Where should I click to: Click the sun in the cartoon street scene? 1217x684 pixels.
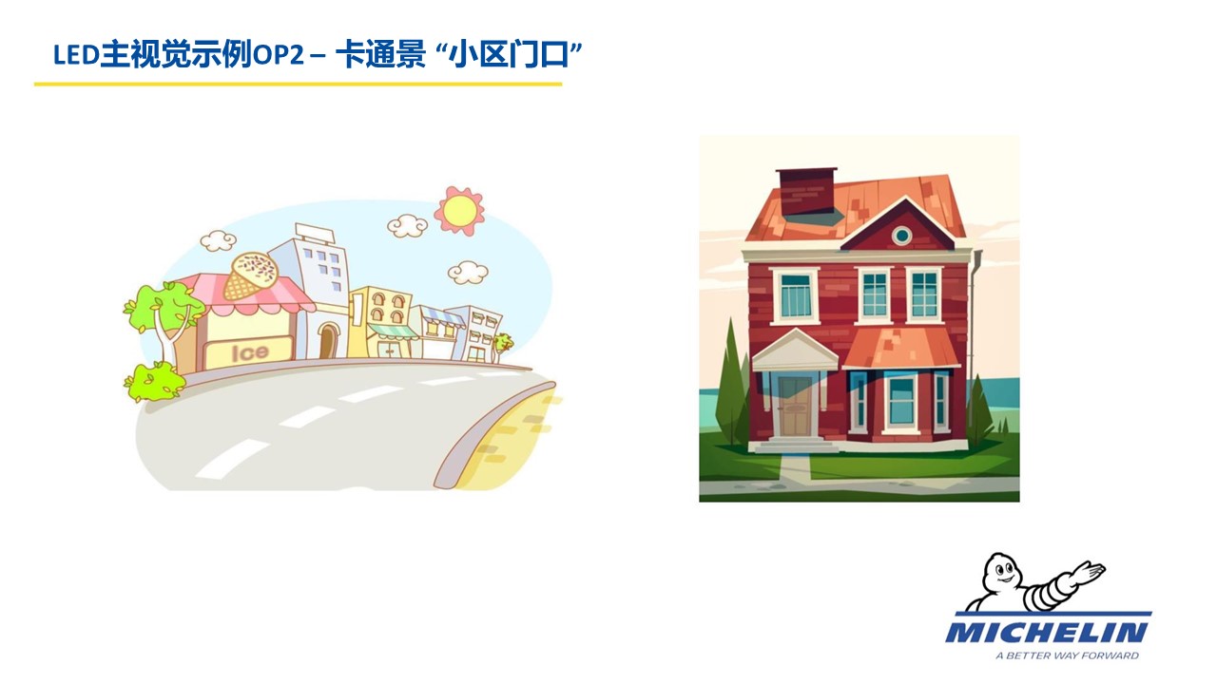tap(459, 211)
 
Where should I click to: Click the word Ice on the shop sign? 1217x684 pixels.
tap(250, 352)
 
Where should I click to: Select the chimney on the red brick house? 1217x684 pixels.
tap(807, 195)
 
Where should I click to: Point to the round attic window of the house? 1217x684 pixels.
tap(902, 236)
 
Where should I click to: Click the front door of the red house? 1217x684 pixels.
tap(796, 406)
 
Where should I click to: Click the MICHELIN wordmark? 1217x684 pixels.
tap(1047, 632)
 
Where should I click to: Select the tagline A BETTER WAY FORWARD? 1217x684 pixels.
tap(1067, 655)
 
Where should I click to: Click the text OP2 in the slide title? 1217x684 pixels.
tap(279, 54)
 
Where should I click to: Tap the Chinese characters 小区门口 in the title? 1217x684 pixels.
tap(509, 54)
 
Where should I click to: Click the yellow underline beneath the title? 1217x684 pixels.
tap(298, 85)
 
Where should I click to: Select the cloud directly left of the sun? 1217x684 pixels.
tap(408, 225)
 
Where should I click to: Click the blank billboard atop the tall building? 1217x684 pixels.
tap(315, 233)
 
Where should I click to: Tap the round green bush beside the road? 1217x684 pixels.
tap(153, 382)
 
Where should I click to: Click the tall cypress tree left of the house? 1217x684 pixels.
tap(731, 385)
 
